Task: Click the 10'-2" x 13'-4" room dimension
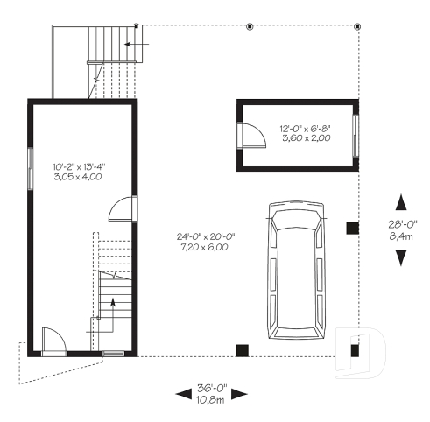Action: (80, 165)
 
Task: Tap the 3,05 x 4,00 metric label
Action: (80, 176)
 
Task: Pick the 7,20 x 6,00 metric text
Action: (201, 248)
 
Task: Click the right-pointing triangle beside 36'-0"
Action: (241, 394)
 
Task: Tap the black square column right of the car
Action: (352, 229)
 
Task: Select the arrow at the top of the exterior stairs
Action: (140, 42)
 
